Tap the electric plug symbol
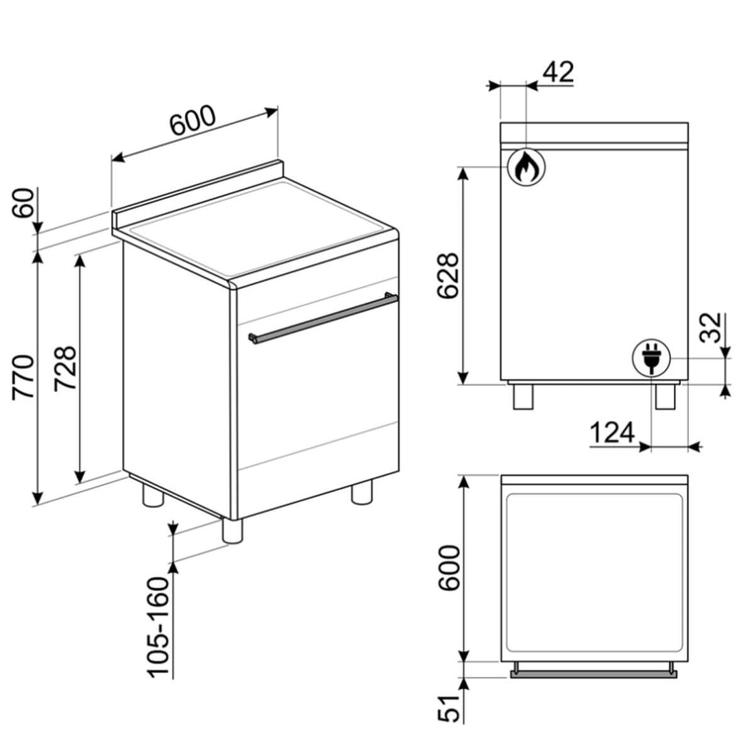pos(652,358)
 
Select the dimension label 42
pos(558,72)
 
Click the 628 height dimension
pos(448,276)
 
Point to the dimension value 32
pos(710,328)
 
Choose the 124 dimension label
pos(612,433)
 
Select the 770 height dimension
pos(23,377)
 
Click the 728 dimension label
pos(65,368)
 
